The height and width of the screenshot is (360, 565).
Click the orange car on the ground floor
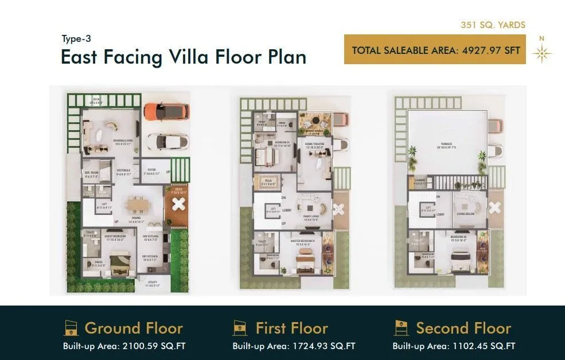[166, 111]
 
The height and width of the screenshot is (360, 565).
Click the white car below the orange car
[166, 142]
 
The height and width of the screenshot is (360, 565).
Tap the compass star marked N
[541, 53]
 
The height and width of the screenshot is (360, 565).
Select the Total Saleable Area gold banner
[436, 50]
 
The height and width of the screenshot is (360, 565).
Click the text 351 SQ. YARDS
[493, 25]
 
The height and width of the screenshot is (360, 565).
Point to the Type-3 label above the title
[76, 39]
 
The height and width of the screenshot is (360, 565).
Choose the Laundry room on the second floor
[419, 182]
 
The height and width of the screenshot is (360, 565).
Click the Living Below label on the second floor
[466, 214]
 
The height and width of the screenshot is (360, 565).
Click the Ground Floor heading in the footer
[134, 328]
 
